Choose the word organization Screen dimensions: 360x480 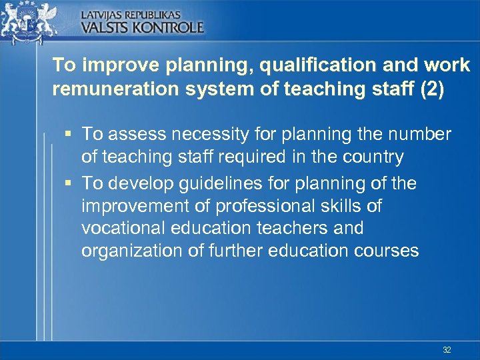tap(127, 251)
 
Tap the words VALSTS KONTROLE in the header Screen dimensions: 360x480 tap(142, 27)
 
